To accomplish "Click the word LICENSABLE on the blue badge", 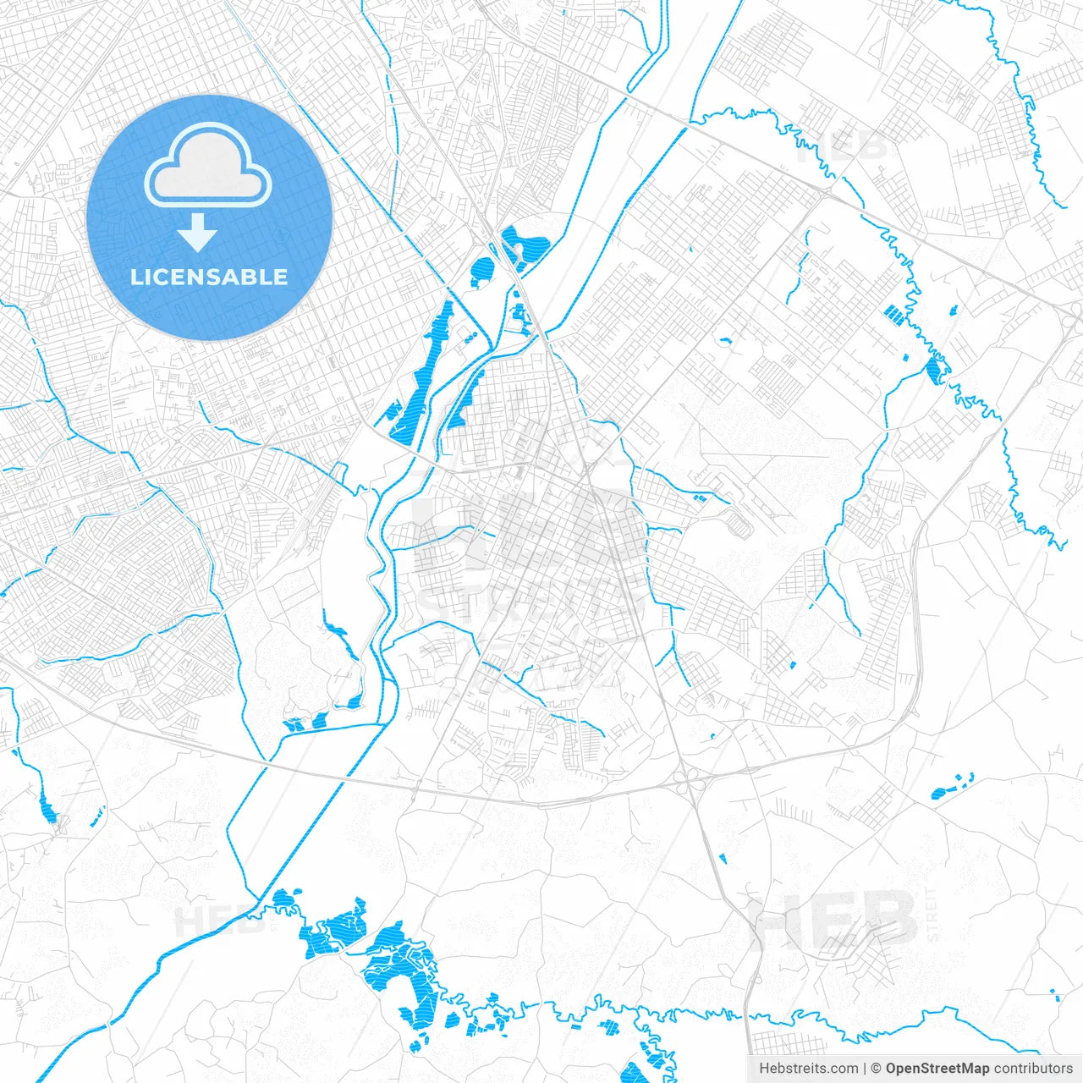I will [209, 278].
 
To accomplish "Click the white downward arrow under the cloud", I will [198, 233].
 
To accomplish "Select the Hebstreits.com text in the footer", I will [808, 1069].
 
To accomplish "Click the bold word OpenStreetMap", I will [937, 1069].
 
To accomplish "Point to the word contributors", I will [1033, 1069].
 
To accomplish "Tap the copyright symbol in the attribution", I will [877, 1069].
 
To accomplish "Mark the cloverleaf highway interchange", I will [691, 782].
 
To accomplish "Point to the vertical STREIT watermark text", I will [933, 915].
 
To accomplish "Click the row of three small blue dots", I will [467, 338].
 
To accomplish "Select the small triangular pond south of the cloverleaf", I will [722, 859].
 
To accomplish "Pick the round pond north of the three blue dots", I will [482, 271].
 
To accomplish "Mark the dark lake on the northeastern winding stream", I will [935, 371].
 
